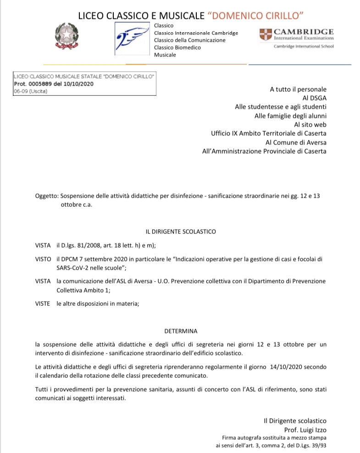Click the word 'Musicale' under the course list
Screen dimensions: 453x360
165,55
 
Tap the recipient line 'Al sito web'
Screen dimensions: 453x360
310,124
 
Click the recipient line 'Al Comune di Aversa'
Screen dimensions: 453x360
296,142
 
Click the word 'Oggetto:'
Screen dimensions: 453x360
47,195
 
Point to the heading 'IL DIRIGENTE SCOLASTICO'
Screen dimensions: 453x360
180,232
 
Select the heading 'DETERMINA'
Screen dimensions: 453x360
180,331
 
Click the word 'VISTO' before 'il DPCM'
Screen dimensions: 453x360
43,259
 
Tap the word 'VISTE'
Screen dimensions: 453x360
43,303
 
